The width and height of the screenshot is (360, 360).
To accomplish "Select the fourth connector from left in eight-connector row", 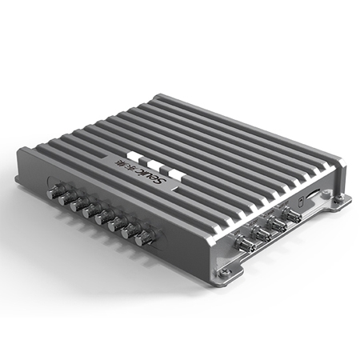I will click(90, 210).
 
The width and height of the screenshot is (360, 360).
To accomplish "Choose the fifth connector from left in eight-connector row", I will click(103, 217).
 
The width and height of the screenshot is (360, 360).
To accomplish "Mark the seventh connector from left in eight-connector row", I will click(130, 231).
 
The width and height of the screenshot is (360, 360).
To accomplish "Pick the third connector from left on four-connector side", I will click(276, 223).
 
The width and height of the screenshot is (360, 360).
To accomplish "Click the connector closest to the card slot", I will click(292, 214).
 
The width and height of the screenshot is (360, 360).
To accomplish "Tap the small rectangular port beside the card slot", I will click(298, 199).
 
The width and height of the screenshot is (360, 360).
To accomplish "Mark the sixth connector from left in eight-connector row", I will click(116, 224).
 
